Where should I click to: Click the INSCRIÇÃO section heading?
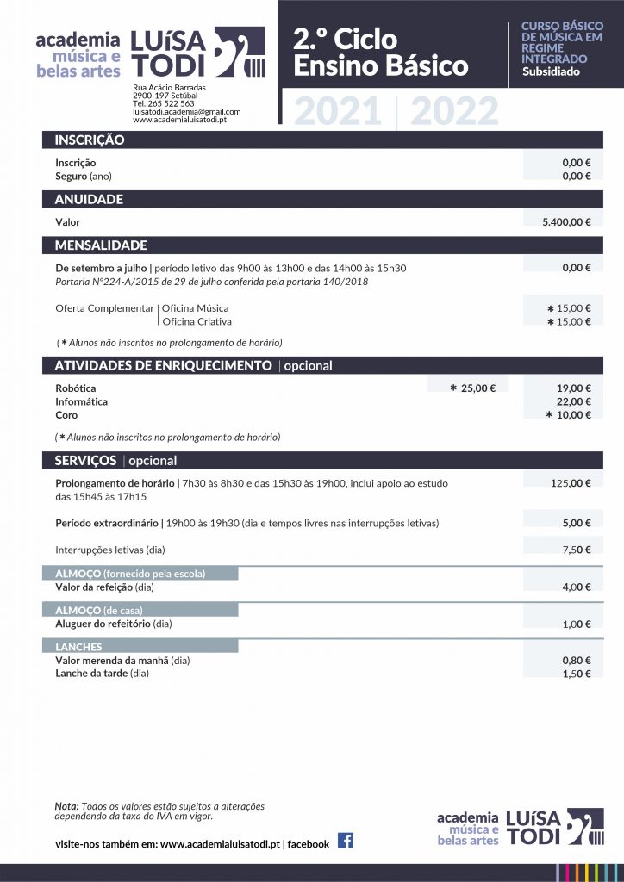[90, 140]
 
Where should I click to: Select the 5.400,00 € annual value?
[566, 222]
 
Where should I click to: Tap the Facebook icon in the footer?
[346, 841]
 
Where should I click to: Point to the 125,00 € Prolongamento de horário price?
[571, 483]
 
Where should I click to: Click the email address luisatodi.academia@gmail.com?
[186, 112]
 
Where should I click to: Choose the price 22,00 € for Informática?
[573, 401]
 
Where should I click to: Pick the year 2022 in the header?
[454, 112]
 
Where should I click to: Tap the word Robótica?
[76, 388]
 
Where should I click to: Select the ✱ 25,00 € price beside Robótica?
[473, 388]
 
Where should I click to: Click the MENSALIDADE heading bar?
[101, 245]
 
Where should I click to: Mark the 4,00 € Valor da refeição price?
[577, 587]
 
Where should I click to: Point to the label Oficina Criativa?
[197, 322]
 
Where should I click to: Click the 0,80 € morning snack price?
[577, 661]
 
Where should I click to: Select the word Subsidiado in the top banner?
[551, 71]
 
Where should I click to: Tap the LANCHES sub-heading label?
[78, 647]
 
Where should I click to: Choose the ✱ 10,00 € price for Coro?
[568, 415]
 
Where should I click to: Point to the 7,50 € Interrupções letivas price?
[577, 550]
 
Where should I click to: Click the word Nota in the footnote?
[66, 806]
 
